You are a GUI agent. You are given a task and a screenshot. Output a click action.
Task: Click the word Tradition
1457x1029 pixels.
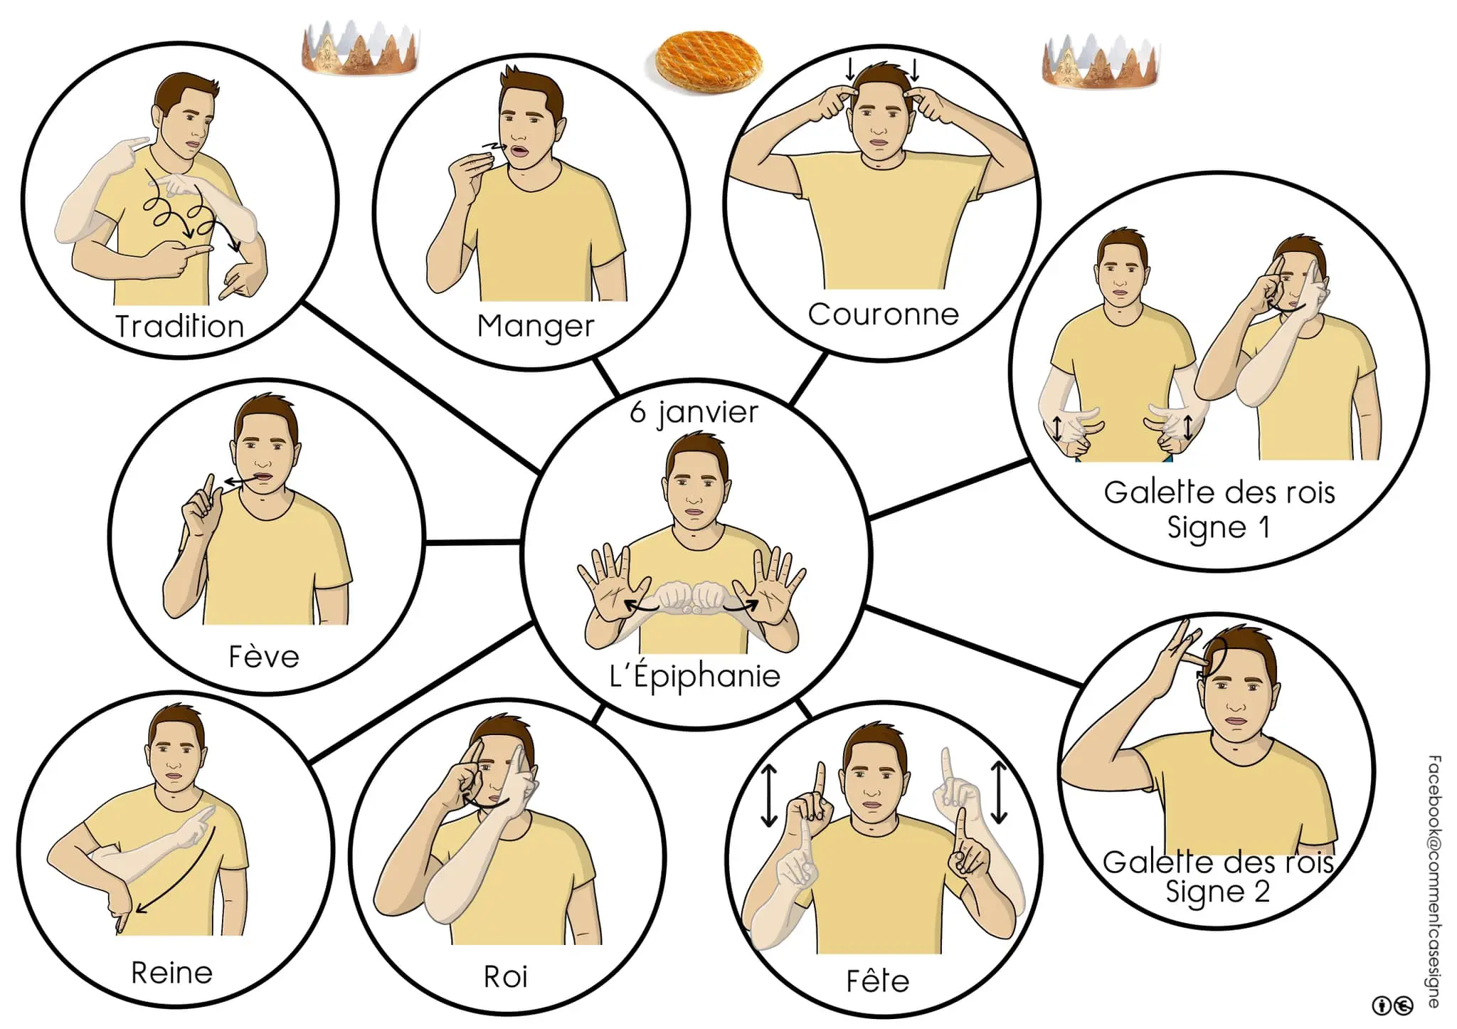click(180, 327)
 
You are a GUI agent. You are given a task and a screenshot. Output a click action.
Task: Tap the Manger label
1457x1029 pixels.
click(536, 327)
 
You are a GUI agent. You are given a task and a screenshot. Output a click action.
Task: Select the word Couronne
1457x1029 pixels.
click(884, 314)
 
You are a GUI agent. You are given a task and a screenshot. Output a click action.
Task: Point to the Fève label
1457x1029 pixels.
click(264, 656)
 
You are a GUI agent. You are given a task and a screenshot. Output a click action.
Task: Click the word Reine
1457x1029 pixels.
click(172, 973)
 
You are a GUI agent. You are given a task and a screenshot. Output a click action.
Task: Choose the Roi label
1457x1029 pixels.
click(506, 977)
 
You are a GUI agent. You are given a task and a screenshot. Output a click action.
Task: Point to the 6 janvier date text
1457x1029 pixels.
click(694, 413)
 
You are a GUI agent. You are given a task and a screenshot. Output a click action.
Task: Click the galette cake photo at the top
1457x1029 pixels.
click(709, 60)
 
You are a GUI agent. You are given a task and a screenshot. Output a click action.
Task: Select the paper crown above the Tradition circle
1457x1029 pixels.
click(360, 48)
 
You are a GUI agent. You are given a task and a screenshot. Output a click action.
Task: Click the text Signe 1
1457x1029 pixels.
click(1219, 527)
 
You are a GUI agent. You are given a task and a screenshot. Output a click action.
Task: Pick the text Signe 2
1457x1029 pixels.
click(1217, 892)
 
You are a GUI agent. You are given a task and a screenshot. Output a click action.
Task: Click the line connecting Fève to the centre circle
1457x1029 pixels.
click(473, 542)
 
